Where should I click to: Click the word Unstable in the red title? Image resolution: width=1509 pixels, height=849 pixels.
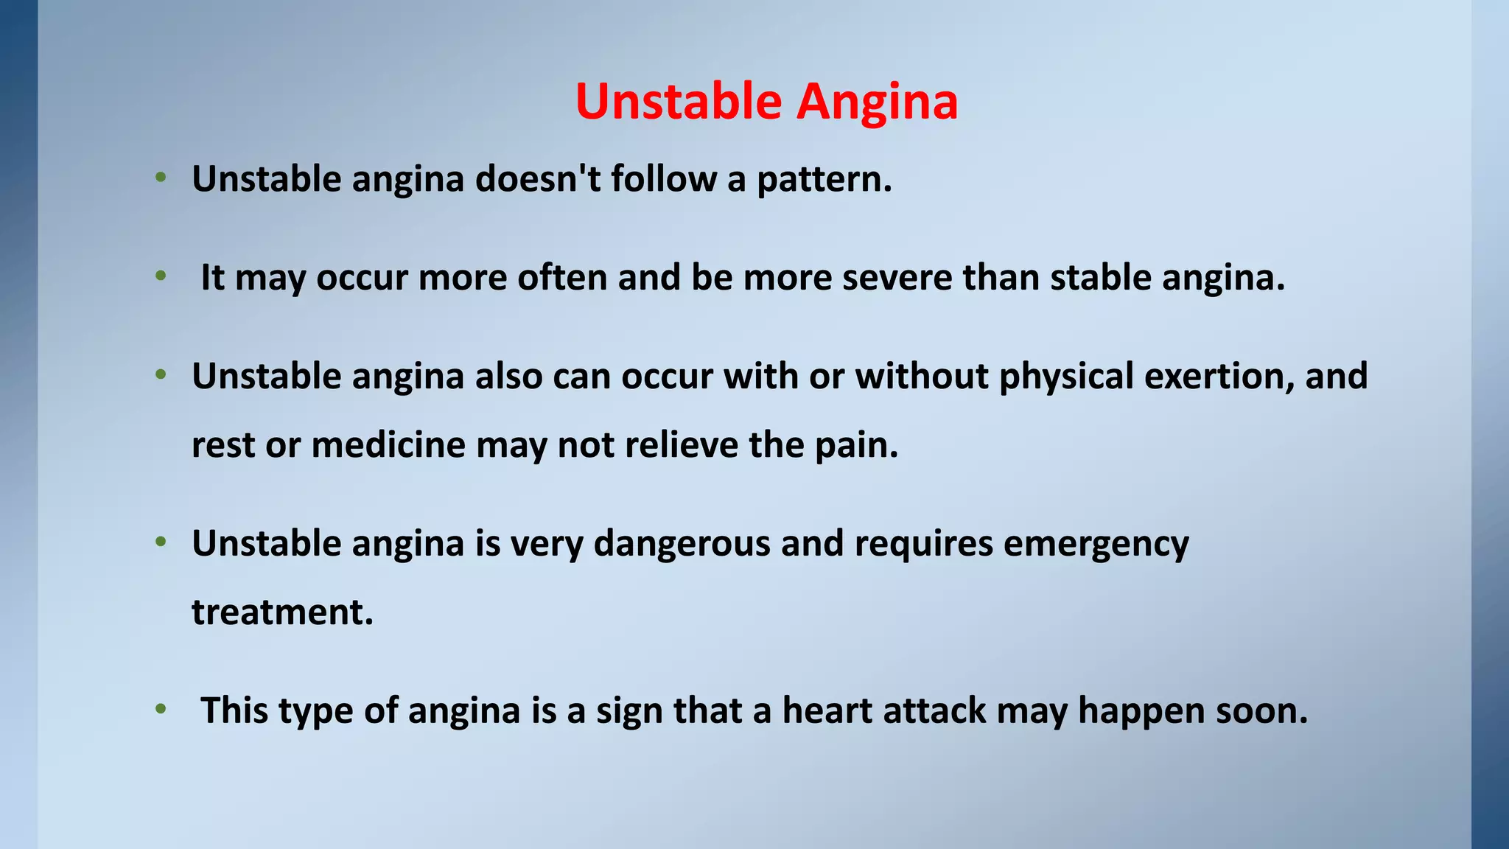pyautogui.click(x=678, y=101)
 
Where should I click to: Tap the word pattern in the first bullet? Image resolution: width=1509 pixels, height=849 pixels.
pyautogui.click(x=824, y=180)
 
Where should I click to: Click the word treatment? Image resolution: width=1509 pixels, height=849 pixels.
pyautogui.click(x=282, y=612)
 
